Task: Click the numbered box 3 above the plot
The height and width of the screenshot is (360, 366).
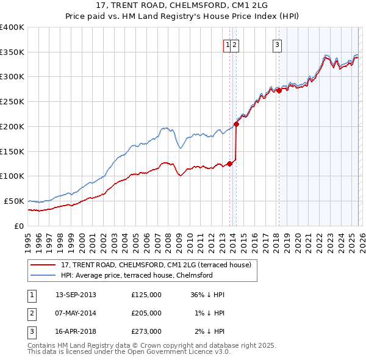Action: (277, 44)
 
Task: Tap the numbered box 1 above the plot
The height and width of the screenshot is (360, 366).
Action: (228, 44)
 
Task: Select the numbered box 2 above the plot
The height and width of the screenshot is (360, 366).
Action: (235, 44)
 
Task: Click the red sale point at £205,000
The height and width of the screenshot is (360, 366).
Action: (236, 124)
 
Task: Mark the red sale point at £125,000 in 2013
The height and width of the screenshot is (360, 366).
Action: (229, 163)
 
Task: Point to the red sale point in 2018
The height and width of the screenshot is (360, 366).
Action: (279, 90)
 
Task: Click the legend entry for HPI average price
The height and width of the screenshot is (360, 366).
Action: (136, 275)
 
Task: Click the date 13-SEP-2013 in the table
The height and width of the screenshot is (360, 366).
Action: (76, 295)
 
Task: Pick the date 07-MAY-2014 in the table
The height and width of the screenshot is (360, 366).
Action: (76, 312)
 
